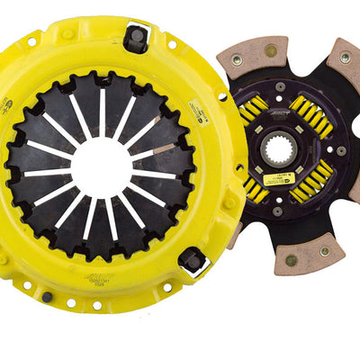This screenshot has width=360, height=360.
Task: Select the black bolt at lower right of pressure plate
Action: (x=192, y=262)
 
